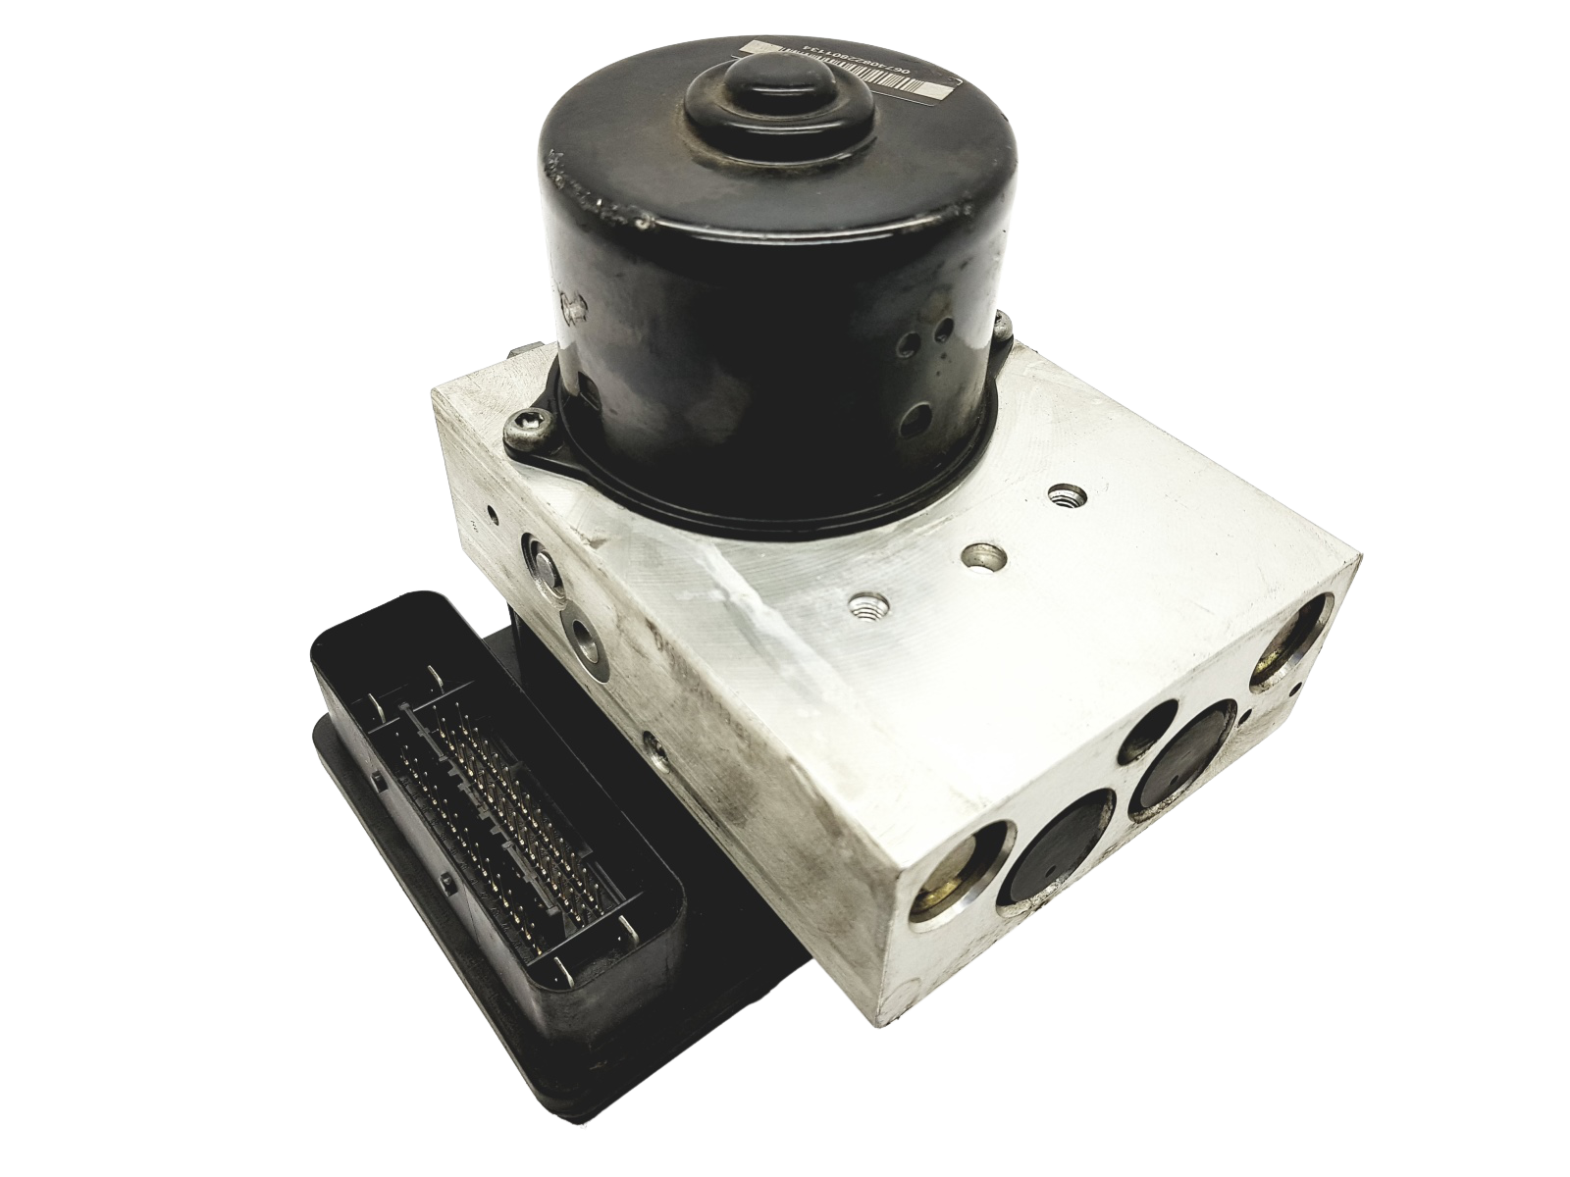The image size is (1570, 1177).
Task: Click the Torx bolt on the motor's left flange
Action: (517, 425)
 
